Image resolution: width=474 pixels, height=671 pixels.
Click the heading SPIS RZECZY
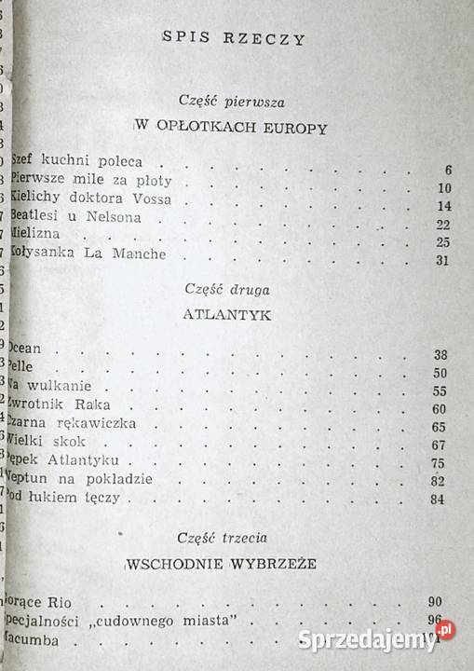(234, 38)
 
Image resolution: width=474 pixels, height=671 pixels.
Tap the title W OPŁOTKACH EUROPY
(231, 128)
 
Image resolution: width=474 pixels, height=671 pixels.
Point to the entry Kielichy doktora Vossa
(76, 200)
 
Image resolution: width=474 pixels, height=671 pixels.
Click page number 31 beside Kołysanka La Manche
(442, 259)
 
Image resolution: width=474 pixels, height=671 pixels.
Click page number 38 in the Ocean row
(442, 354)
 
